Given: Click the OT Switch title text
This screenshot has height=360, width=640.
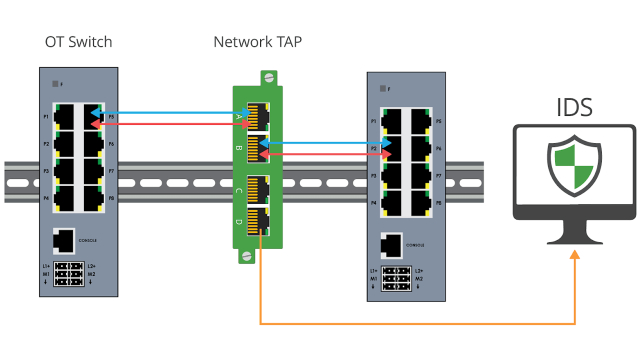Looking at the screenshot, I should [x=78, y=41].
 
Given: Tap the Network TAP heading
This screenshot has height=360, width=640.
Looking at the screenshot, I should [x=257, y=41].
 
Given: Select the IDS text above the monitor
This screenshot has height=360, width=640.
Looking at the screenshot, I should [x=574, y=107].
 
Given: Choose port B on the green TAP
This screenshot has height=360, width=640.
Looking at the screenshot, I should [x=258, y=148].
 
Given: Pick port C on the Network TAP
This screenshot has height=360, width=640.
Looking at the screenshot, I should [x=258, y=189].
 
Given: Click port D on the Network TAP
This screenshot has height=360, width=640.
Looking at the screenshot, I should [x=258, y=221].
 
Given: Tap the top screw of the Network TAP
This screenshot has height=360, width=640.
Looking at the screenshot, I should [x=268, y=77].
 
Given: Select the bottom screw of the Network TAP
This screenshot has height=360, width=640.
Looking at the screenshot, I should [x=245, y=256].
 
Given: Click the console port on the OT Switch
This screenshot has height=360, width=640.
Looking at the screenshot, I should [x=64, y=240].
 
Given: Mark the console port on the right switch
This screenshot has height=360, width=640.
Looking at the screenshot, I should [x=391, y=245].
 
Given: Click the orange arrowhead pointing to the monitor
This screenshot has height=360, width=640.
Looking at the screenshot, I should [x=575, y=255].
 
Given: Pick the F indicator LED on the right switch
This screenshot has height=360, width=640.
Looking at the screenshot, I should [x=383, y=89].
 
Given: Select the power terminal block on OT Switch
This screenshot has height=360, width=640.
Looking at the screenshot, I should [x=68, y=274].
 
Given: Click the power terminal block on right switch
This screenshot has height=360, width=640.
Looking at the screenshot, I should [x=396, y=278].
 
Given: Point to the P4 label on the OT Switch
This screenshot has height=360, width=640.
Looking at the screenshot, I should [x=46, y=198].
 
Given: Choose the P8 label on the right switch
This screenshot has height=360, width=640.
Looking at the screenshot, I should [x=438, y=203].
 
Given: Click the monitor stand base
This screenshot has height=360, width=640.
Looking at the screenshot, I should [x=574, y=239].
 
